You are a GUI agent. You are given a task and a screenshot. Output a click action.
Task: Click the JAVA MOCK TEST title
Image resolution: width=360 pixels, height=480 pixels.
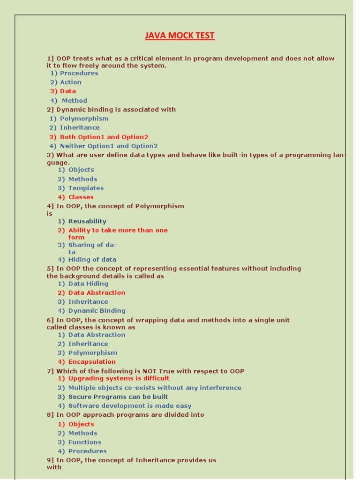pos(180,36)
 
